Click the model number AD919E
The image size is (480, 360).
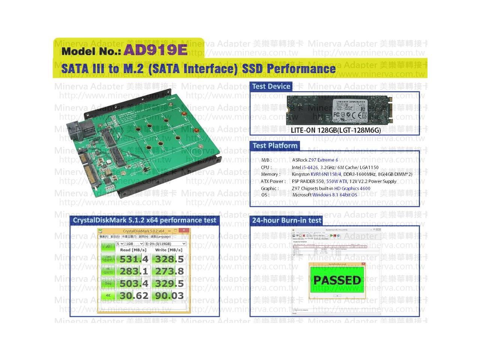pos(155,50)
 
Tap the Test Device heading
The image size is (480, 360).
pos(271,87)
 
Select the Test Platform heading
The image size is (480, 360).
pos(275,146)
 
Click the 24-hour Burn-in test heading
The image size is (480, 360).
pos(286,220)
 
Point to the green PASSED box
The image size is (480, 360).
pos(337,280)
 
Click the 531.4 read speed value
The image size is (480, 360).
pos(134,259)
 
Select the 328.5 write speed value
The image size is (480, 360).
pos(169,259)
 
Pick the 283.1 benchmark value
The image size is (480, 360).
pos(134,271)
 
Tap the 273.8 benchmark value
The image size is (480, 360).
pos(169,271)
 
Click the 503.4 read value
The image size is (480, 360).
pos(134,283)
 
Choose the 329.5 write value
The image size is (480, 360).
pos(169,283)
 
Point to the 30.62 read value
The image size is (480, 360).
pos(134,296)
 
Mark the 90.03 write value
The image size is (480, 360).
pos(169,296)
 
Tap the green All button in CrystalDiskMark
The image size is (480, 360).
pos(108,246)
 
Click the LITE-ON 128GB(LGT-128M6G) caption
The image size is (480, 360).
pos(336,130)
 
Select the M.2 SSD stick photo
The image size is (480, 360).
pos(339,109)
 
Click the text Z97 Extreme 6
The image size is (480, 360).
pos(323,160)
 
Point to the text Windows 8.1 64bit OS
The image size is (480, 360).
pos(334,195)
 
